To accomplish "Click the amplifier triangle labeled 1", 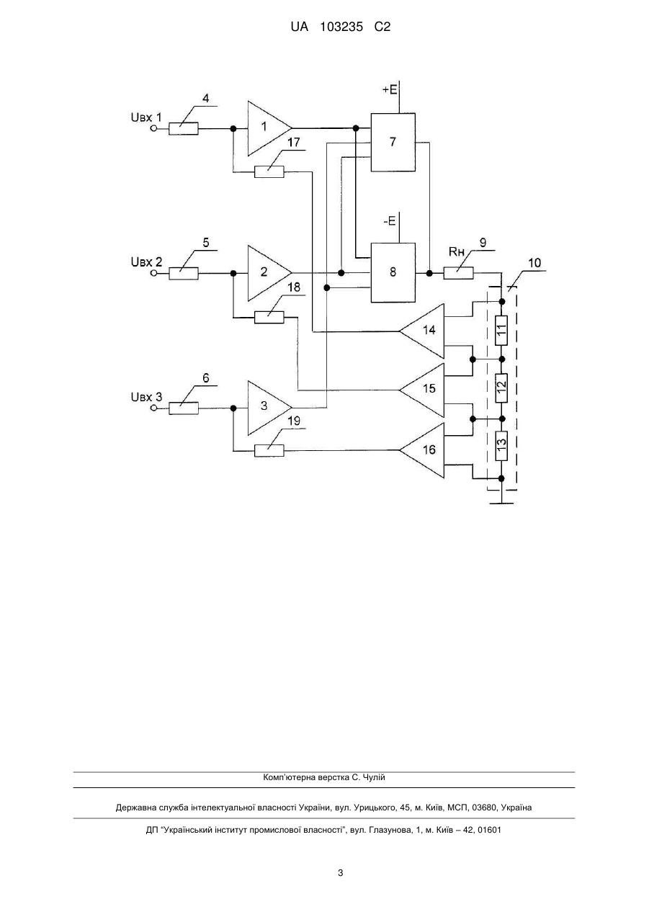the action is [266, 128].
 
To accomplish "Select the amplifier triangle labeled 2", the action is [266, 272].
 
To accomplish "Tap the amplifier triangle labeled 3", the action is [266, 408].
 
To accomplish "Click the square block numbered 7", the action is [393, 142].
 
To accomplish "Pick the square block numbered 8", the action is [393, 272].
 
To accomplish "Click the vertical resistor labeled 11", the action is [501, 330].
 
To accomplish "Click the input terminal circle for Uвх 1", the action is [153, 128].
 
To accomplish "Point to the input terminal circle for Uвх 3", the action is [153, 408].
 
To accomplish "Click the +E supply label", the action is [390, 89].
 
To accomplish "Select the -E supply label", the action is [390, 221].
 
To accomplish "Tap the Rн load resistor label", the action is [457, 251].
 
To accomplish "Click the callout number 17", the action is [294, 142].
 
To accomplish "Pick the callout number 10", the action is [534, 262].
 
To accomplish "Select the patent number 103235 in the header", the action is [341, 27].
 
